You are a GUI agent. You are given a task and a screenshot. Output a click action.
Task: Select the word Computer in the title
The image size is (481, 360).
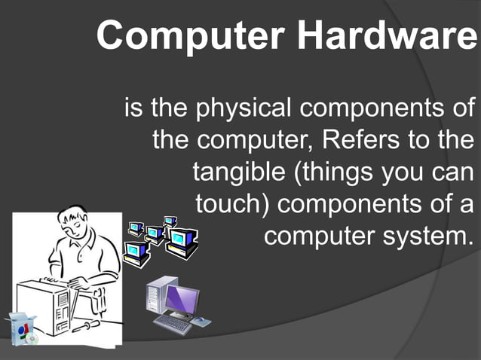(x=192, y=35)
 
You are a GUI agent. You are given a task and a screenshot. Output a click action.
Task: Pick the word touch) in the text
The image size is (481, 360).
(x=234, y=204)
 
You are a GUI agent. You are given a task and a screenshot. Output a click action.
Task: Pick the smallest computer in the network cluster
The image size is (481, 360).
(x=170, y=221)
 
